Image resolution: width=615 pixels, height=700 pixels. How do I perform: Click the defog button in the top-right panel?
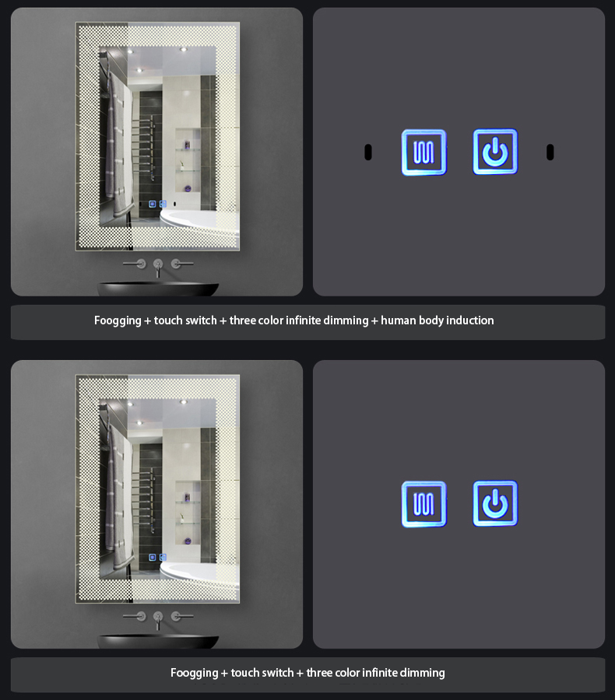point(423,152)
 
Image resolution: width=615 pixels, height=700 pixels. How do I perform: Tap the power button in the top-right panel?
point(495,152)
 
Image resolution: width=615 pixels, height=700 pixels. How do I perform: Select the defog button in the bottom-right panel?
point(423,504)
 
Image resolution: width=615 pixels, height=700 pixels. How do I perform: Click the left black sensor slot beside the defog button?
point(368,152)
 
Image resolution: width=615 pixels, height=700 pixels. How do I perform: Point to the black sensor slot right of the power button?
point(550,152)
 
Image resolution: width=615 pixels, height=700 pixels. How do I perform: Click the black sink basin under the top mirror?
point(158,289)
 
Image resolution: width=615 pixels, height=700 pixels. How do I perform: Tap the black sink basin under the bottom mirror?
point(158,642)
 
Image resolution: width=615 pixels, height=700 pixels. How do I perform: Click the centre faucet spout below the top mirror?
point(158,268)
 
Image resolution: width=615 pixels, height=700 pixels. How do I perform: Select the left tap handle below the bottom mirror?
point(135,617)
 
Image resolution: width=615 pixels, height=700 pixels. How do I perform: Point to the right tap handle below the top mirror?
point(181,264)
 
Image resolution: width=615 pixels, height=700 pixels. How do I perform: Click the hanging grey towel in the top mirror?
point(119,143)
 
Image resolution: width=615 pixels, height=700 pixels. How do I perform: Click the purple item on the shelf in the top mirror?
point(188,188)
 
